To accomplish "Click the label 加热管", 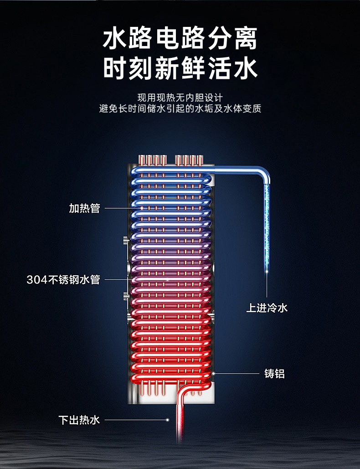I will pos(84,209).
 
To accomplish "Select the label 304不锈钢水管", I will pos(63,279).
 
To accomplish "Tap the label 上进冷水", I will pos(267,308).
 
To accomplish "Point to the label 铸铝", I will pos(275,374).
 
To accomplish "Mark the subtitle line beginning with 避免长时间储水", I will pos(180,109).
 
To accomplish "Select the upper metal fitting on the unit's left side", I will pos(125,240).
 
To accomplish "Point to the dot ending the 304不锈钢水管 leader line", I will pos(168,279).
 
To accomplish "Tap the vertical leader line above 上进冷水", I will pos(267,287).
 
